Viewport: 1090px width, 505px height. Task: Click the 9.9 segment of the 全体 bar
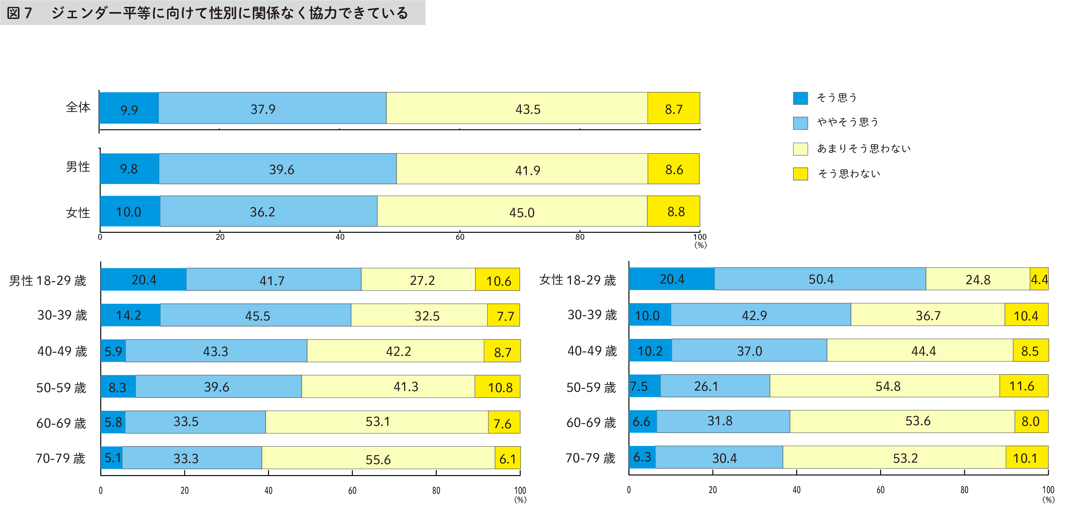(128, 108)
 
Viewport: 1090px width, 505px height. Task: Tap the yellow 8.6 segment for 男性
(673, 169)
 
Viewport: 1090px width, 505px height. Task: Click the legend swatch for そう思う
(800, 98)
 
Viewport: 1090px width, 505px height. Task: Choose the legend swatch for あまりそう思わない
(800, 149)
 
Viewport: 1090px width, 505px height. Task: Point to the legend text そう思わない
(849, 174)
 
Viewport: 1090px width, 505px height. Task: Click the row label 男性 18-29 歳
(48, 280)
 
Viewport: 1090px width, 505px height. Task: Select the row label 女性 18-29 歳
(578, 280)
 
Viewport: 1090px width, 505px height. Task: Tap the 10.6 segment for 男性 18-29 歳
(497, 280)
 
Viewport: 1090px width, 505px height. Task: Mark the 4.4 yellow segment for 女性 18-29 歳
(1039, 279)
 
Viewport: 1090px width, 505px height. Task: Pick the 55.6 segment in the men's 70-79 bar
(378, 458)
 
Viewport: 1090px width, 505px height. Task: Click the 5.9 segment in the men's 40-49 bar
(113, 351)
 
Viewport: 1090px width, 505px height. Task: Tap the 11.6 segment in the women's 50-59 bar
(1024, 386)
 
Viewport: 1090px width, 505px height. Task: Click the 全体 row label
(78, 107)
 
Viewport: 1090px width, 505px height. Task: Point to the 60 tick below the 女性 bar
(460, 237)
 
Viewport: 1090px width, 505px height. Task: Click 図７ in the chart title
(19, 13)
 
